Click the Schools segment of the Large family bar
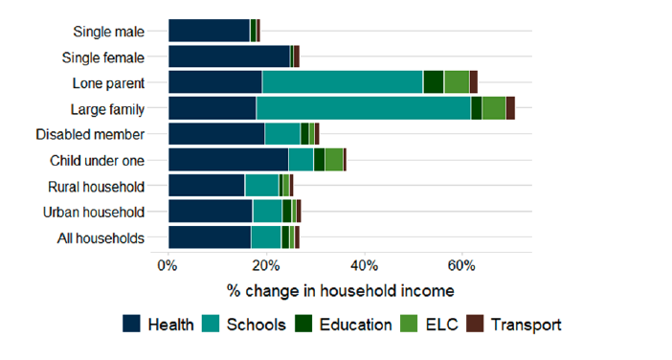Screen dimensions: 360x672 click(x=363, y=108)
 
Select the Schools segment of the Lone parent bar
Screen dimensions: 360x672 click(x=343, y=82)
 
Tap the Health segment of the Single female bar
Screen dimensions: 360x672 click(x=229, y=56)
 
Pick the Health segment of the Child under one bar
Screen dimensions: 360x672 click(x=228, y=160)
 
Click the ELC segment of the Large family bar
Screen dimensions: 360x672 click(x=493, y=108)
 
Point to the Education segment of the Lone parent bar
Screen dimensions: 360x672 click(x=433, y=82)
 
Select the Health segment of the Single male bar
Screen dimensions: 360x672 click(x=209, y=31)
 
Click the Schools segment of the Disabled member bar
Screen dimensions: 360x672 click(x=282, y=134)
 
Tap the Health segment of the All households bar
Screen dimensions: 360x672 click(x=210, y=237)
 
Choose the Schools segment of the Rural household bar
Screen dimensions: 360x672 click(x=261, y=186)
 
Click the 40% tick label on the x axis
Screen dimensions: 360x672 click(x=364, y=265)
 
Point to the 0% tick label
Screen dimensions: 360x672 click(x=168, y=265)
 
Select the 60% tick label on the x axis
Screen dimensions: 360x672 click(x=462, y=265)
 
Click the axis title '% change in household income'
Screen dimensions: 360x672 click(x=340, y=289)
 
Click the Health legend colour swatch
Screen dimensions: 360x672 click(x=132, y=325)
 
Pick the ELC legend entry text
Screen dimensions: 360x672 click(x=435, y=325)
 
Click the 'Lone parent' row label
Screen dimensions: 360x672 click(x=108, y=82)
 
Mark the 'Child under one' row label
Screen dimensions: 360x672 click(x=97, y=160)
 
